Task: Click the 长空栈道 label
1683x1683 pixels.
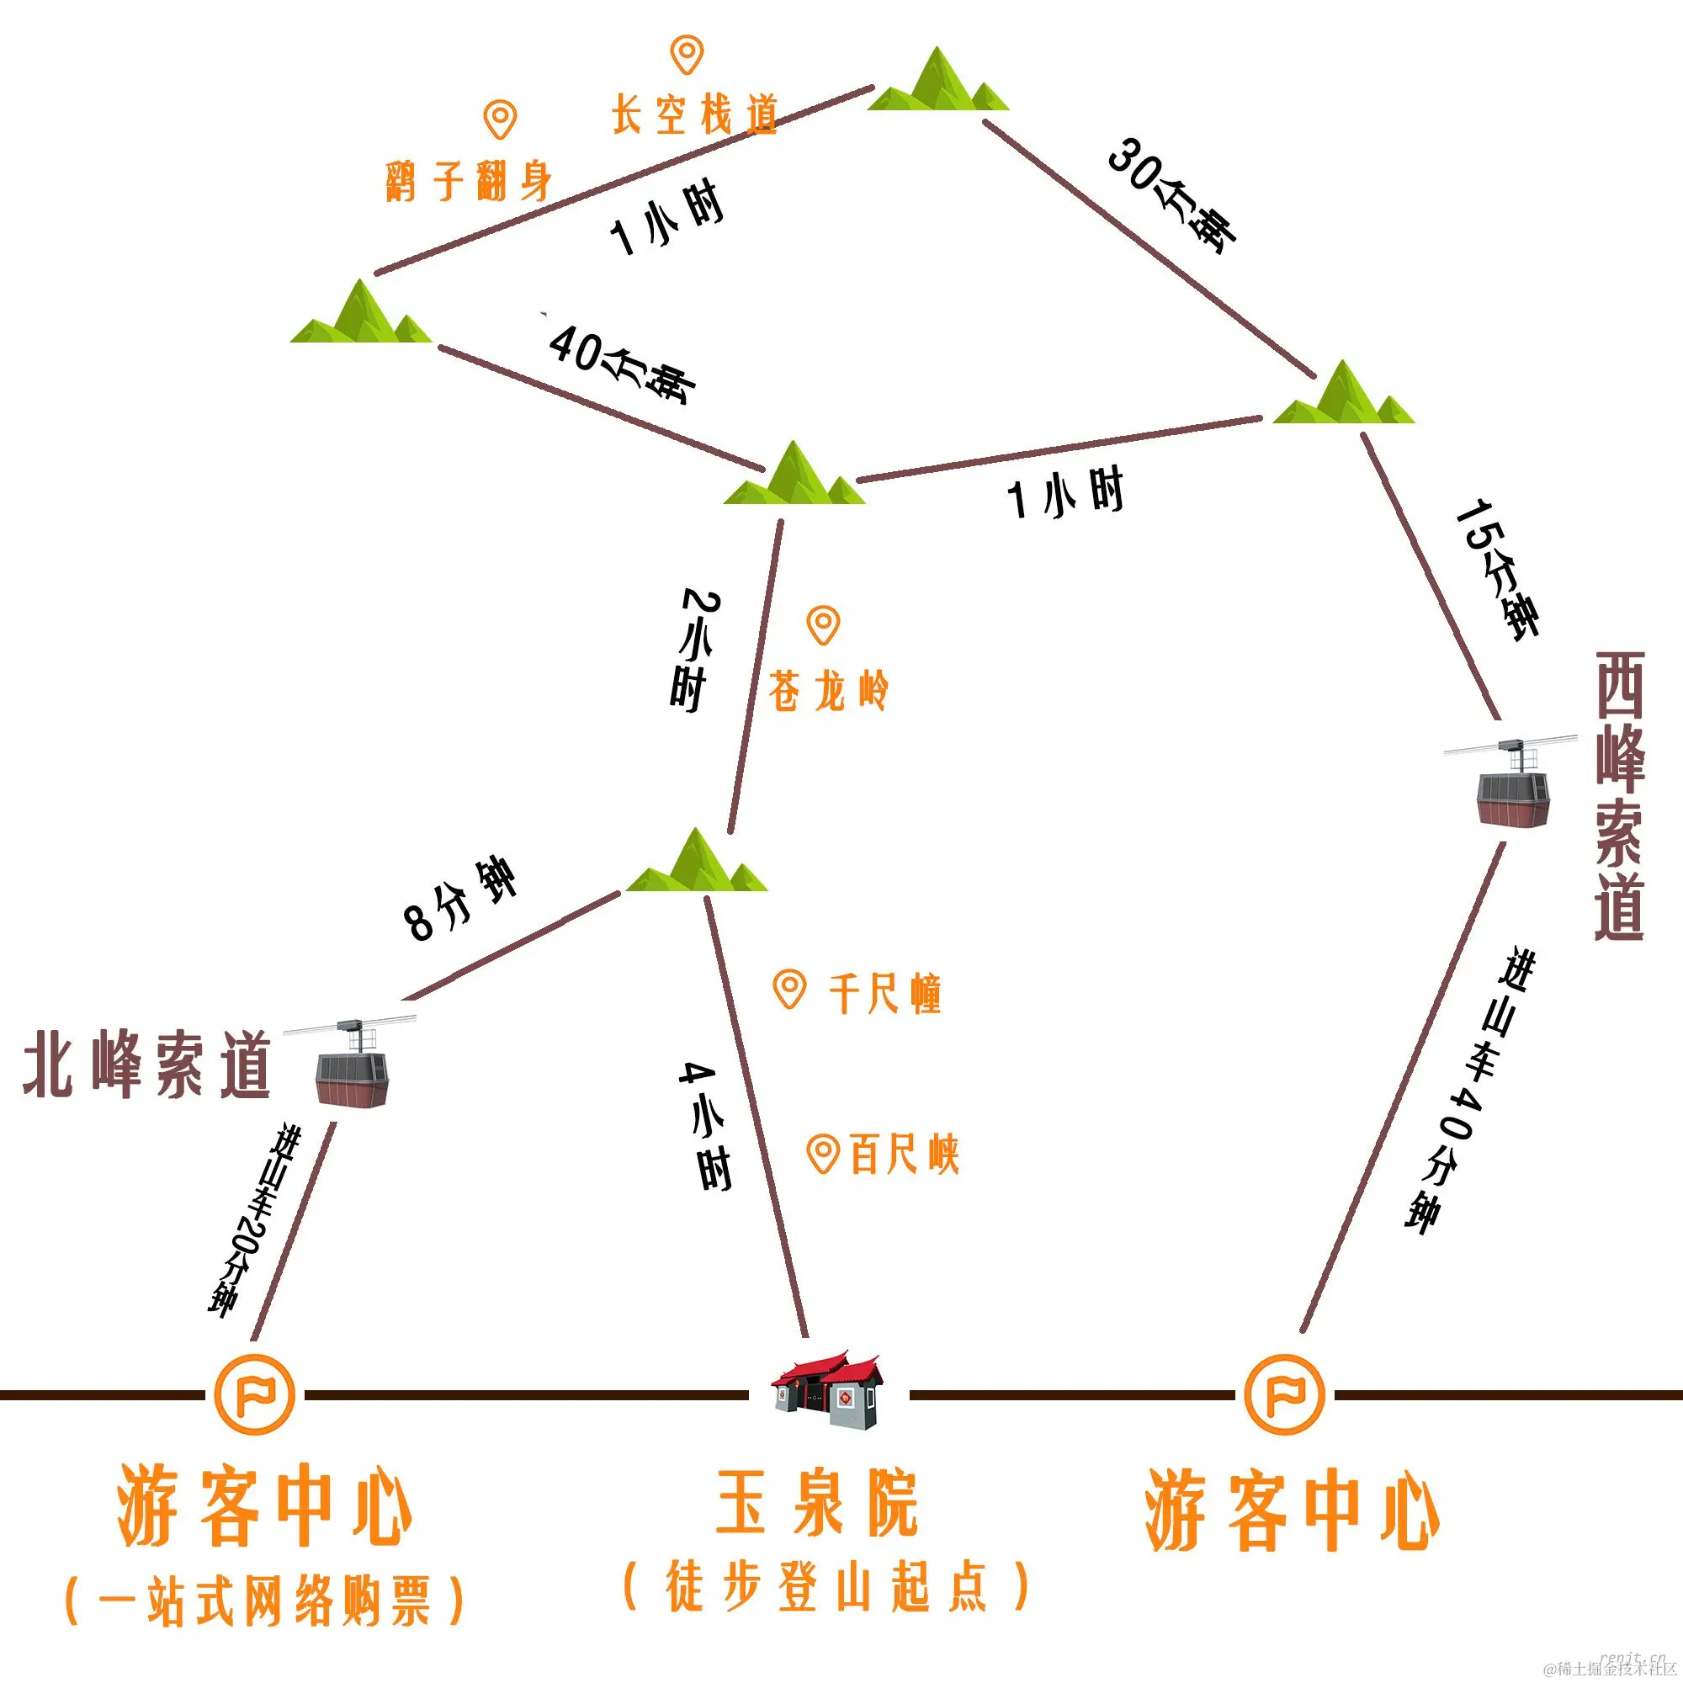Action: click(693, 115)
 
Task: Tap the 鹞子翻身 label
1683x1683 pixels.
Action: click(470, 181)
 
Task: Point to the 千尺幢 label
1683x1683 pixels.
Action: click(884, 993)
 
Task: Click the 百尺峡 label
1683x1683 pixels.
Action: click(903, 1155)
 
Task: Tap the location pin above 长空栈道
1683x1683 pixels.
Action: click(687, 54)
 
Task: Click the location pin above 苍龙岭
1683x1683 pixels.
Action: click(823, 624)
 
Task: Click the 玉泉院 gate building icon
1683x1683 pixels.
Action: click(827, 1391)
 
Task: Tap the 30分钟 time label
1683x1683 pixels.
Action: click(1171, 195)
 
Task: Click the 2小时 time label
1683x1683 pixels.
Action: click(694, 650)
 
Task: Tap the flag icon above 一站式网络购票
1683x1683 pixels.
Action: click(254, 1394)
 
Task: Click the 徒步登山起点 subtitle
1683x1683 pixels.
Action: click(826, 1586)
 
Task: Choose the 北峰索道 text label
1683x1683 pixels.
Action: click(146, 1066)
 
